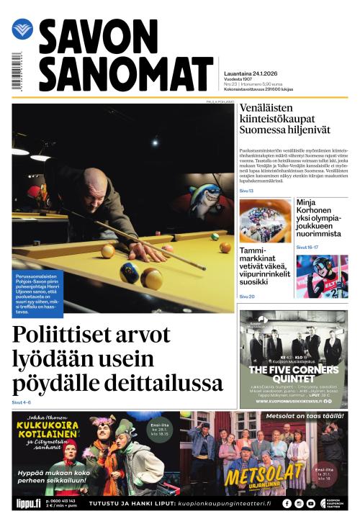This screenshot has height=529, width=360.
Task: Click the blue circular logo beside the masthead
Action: click(22, 30)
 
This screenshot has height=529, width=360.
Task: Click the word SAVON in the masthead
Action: click(98, 37)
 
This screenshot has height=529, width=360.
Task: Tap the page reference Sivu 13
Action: click(246, 191)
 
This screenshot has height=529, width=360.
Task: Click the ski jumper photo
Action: click(321, 276)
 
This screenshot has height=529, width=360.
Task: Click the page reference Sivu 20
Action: click(246, 297)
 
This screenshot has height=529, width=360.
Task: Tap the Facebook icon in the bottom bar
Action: click(287, 504)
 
